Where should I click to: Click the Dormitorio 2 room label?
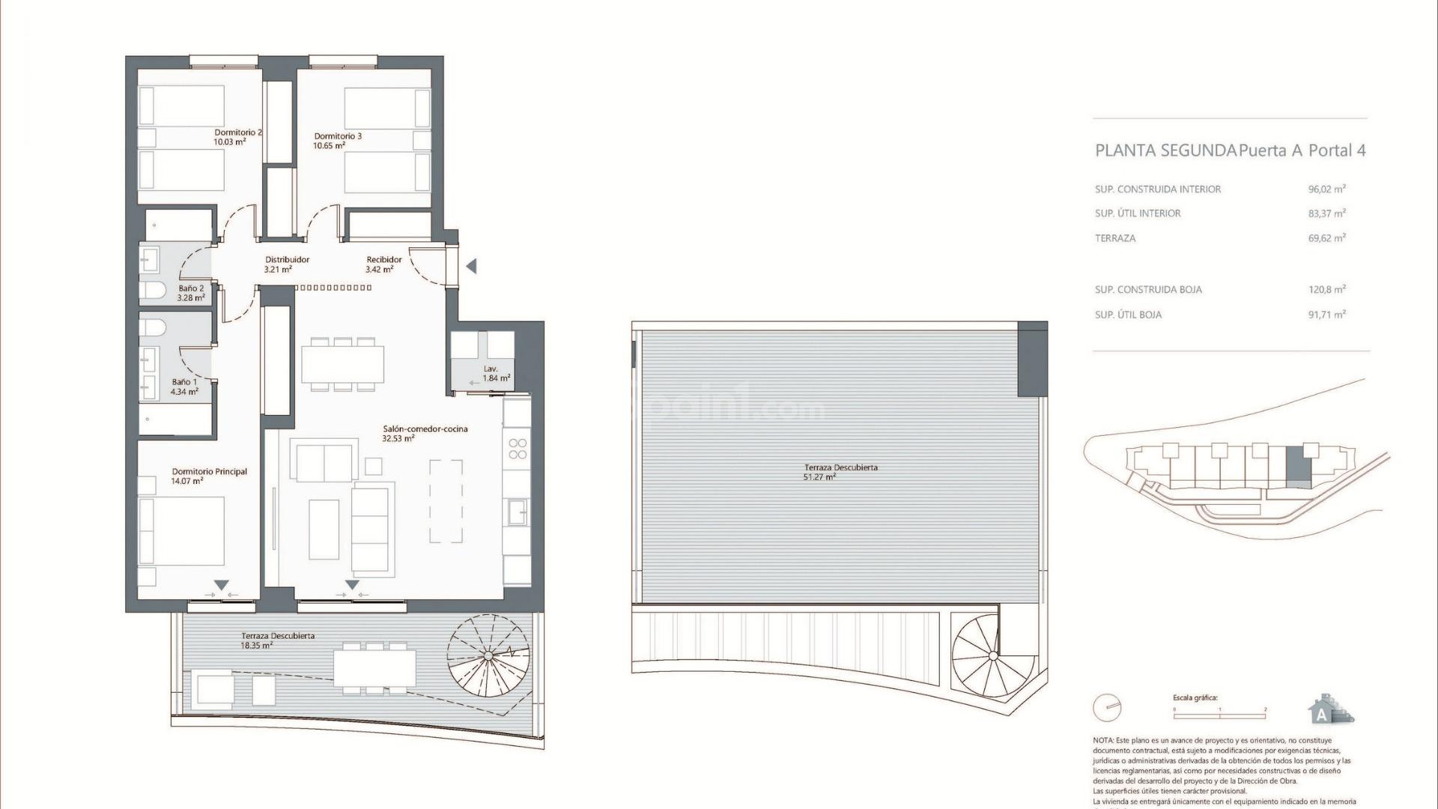pos(238,132)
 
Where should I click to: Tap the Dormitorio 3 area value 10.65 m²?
pos(329,146)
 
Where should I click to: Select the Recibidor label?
pos(384,260)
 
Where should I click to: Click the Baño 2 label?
pos(191,288)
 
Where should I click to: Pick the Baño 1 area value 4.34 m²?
pos(184,392)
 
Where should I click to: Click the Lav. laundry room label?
pos(491,369)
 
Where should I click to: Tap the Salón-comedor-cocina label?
pos(425,429)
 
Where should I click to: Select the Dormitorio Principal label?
pos(209,472)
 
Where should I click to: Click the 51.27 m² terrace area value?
pos(819,477)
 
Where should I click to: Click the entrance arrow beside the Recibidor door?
pos(471,266)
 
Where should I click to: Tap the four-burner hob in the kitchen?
pos(518,449)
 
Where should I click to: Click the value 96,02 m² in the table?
pos(1326,190)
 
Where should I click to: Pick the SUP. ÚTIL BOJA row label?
pos(1128,315)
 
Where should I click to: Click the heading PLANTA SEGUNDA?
pos(1165,151)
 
